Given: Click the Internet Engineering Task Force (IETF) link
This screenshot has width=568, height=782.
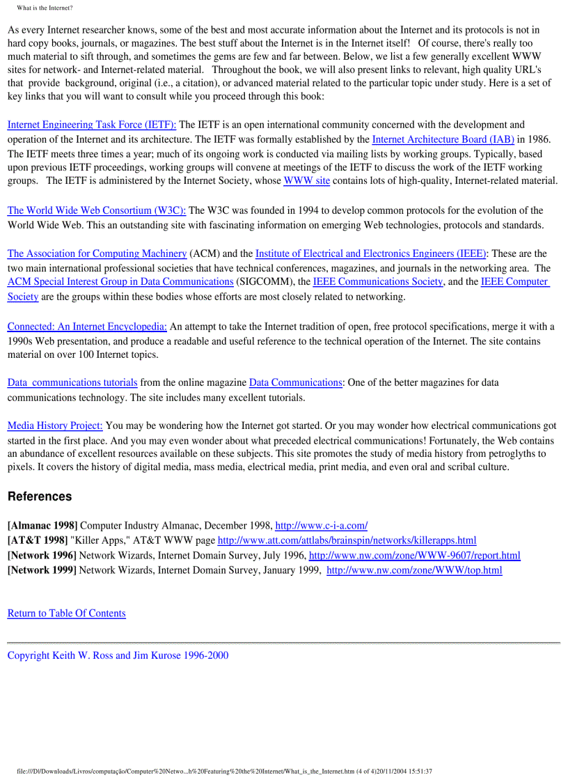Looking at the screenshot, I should point(91,125).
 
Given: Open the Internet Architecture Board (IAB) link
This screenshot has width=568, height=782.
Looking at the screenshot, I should point(443,139).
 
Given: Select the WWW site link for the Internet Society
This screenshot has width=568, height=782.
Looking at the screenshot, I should point(306,181).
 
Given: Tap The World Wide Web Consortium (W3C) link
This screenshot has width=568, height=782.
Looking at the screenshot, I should point(97,210).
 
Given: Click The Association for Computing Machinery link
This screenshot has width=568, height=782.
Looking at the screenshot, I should point(97,253).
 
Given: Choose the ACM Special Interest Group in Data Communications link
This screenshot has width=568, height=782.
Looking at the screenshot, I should point(120,281).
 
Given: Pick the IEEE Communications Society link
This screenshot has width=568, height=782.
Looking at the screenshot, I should point(377,281).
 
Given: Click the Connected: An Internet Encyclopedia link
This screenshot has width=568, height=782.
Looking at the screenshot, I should point(87,326).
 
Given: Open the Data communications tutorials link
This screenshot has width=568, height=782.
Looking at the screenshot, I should point(72,382).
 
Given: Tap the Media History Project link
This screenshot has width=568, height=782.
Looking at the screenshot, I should point(55,425).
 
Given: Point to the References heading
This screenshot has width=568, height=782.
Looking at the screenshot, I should point(40,496).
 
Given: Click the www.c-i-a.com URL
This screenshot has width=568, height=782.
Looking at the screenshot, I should point(322,525).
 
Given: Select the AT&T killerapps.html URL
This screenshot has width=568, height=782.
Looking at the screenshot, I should point(347,540).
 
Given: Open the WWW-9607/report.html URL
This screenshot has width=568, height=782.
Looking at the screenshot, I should point(414,555).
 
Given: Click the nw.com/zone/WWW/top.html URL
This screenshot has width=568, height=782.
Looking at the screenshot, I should point(414,570).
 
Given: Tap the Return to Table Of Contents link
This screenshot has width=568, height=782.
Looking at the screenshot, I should point(67,613).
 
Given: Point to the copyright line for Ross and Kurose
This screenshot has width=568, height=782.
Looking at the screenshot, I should point(118,655).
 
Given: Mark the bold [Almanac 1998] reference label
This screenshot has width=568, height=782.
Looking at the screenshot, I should point(42,525).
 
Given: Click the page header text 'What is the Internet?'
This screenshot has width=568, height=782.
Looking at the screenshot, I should point(45,8).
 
